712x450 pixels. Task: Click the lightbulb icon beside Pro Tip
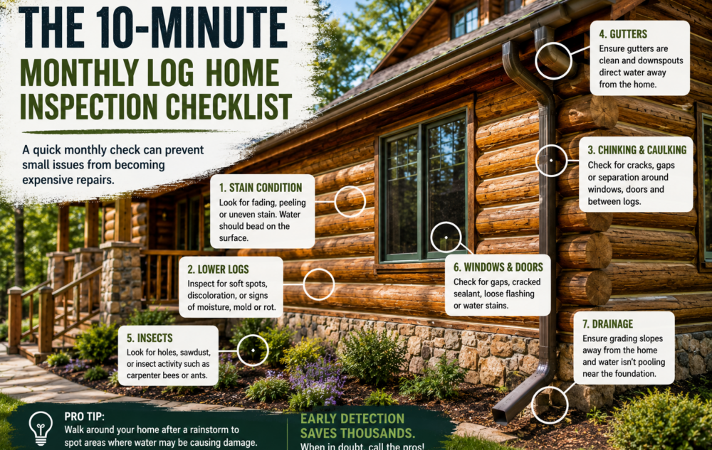(41, 428)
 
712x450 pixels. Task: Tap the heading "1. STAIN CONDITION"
(260, 188)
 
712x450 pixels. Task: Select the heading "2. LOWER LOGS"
(218, 269)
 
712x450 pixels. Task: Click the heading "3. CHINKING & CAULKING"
(637, 150)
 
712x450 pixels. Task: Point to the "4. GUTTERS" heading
(622, 34)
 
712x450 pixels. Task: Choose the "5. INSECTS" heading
(150, 338)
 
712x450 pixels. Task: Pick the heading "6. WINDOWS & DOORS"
(498, 267)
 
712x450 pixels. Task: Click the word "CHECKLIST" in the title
(229, 107)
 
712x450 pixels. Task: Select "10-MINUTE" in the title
(192, 28)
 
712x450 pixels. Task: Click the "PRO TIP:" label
(85, 417)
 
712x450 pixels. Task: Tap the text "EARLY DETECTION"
(352, 419)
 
